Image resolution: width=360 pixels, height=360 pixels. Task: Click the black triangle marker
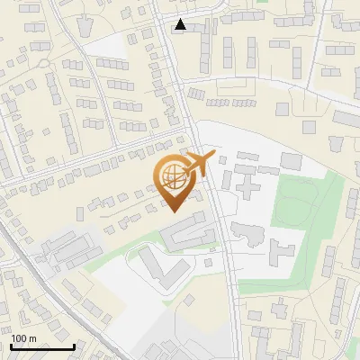pos(181,24)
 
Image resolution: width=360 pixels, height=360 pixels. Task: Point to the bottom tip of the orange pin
pos(173,212)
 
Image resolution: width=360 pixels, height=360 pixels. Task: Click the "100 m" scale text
pos(23,338)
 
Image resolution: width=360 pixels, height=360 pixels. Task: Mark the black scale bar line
pos(42,347)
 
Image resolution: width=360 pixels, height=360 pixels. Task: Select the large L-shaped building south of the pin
pos(153,270)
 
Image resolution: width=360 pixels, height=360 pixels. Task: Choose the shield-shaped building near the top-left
pos(86,26)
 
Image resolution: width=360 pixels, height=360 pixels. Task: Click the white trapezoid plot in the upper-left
pos(112,46)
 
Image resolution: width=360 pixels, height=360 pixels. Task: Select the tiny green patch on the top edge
pos(262,2)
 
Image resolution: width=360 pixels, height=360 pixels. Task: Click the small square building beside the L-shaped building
pos(209,263)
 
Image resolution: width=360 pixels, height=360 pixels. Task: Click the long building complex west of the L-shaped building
pos(67,247)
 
